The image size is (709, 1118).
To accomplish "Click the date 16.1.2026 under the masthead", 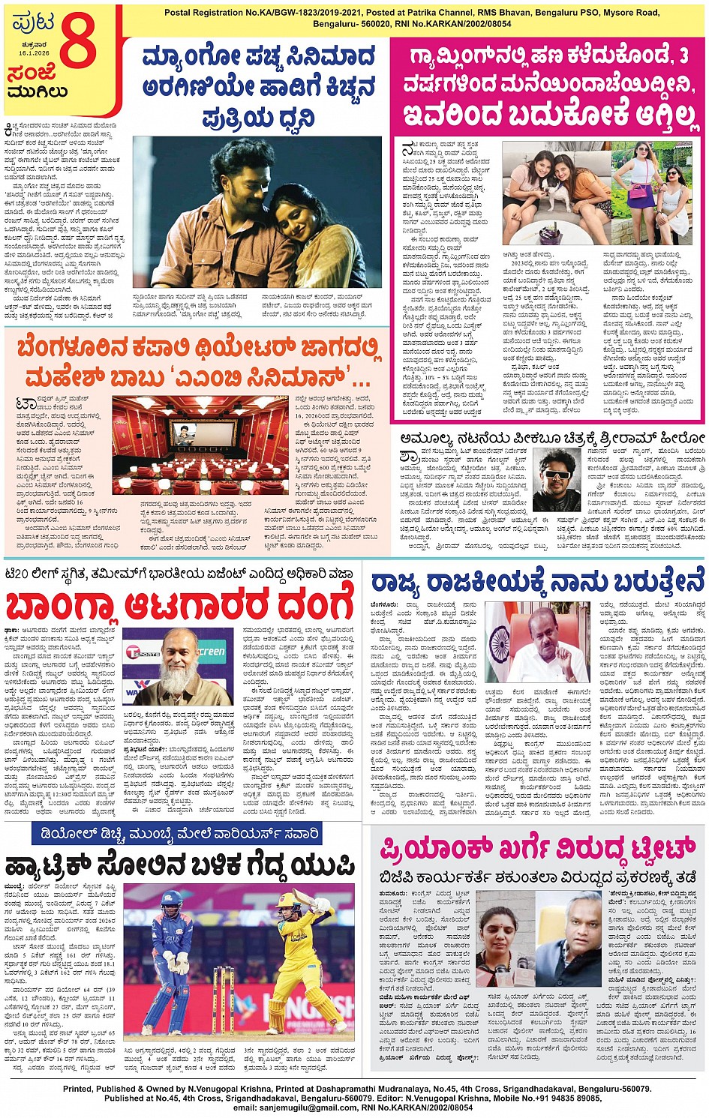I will click(34, 53).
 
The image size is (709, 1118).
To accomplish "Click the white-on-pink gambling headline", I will click(548, 86).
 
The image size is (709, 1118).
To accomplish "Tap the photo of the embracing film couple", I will click(257, 211).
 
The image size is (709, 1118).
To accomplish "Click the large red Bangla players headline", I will click(179, 604).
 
